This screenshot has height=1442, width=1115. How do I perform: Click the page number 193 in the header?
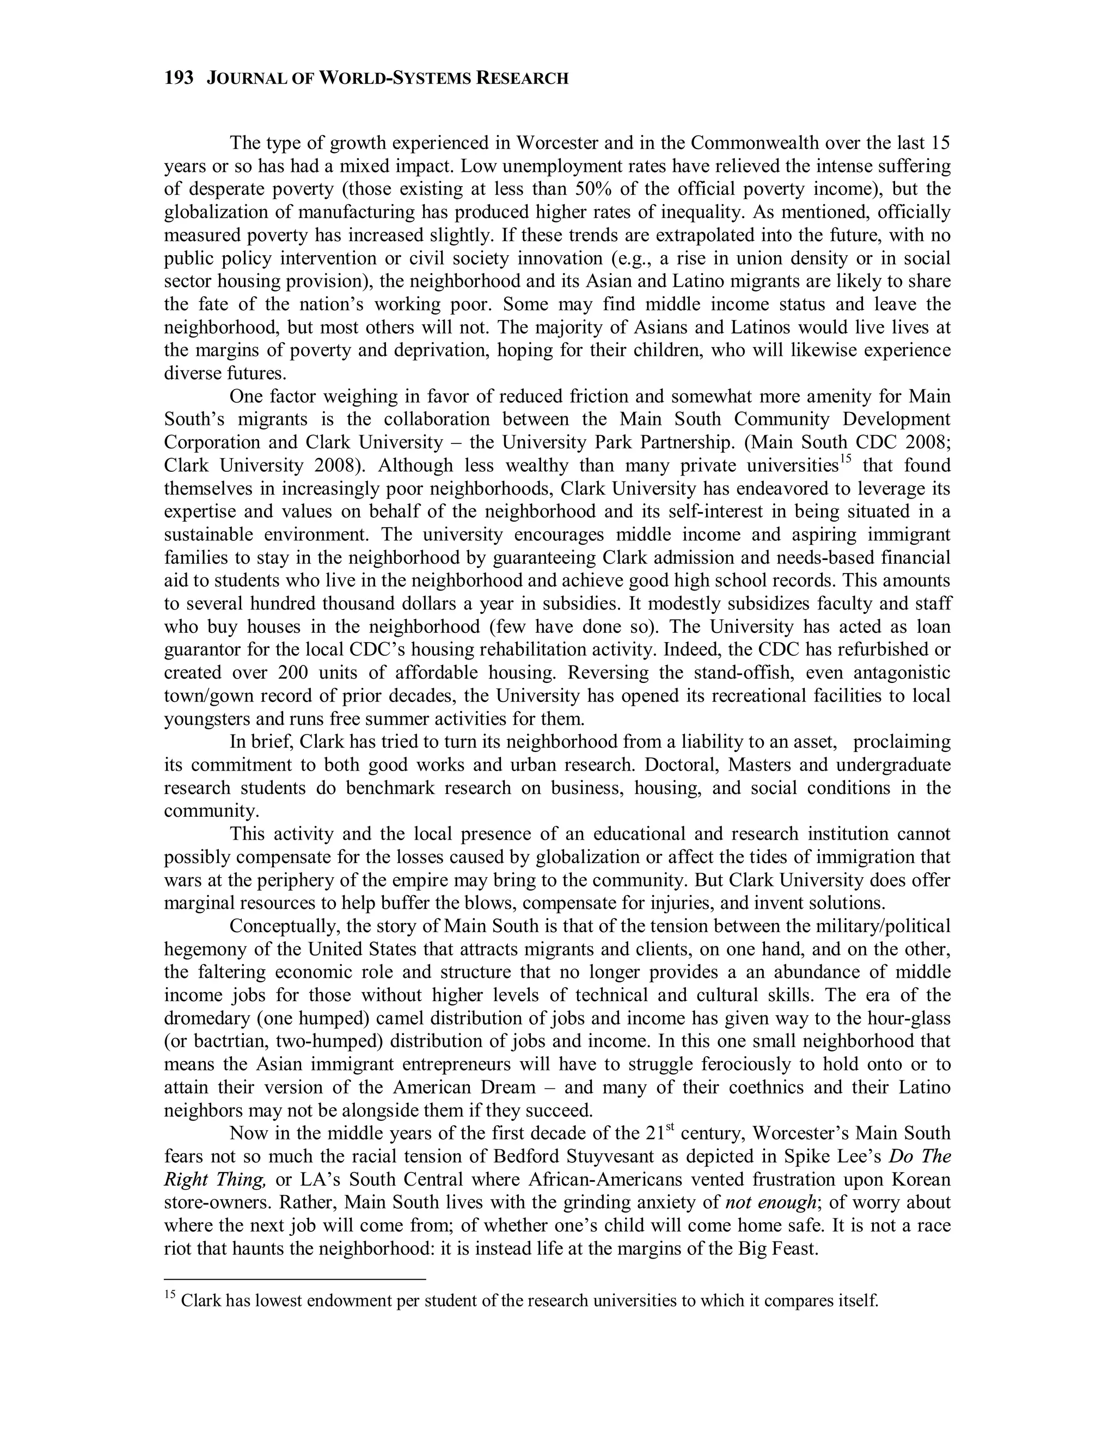pyautogui.click(x=179, y=78)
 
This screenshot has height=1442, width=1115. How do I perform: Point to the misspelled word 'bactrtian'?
pyautogui.click(x=230, y=1041)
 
